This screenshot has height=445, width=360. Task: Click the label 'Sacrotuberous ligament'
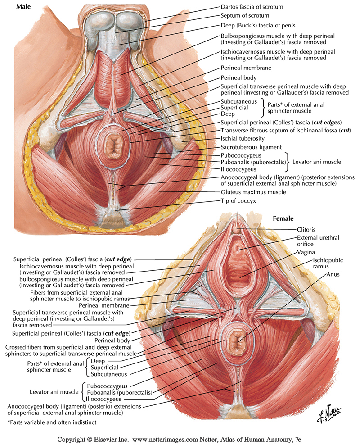[x=251, y=147]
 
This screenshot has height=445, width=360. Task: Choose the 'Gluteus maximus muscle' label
[x=253, y=192]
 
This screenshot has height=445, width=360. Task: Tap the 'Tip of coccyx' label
[x=238, y=201]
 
